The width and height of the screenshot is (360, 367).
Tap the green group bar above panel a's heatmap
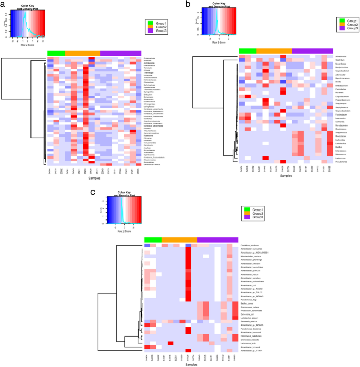[56, 53]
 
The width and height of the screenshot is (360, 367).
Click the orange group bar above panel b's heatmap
[274, 50]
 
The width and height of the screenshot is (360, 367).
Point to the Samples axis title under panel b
[286, 176]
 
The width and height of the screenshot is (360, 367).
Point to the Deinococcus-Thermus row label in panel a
[154, 164]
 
